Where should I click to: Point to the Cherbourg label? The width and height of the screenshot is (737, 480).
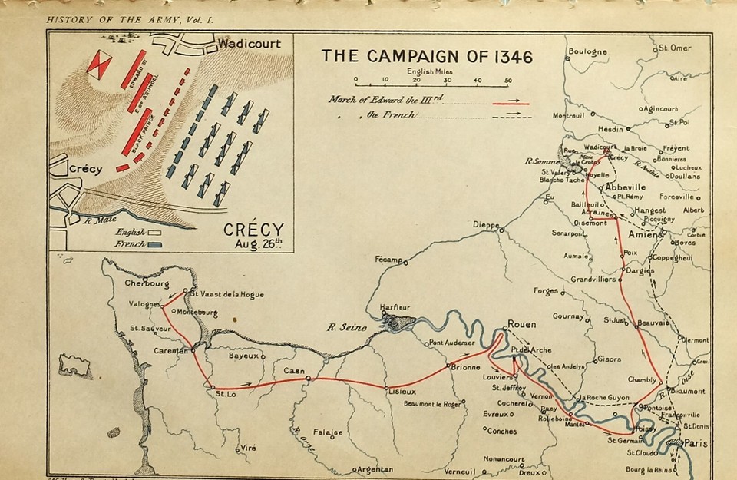147,283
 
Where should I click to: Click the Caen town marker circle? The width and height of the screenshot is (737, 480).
308,379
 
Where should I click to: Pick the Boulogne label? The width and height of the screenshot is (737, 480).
588,52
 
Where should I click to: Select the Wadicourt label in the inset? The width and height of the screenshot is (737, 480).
249,44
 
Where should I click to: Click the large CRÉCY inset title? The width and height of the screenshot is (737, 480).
253,230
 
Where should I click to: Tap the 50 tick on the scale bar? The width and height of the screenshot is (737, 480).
507,80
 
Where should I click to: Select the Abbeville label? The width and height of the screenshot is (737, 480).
626,187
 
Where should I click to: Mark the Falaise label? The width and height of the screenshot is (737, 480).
327,432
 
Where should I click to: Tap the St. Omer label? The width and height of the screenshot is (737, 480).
676,48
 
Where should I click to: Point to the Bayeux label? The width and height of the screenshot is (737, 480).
245,356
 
